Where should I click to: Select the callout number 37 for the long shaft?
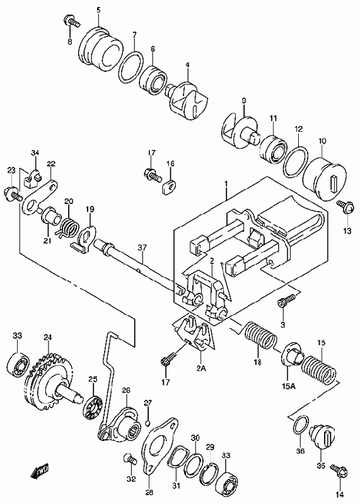point(142,248)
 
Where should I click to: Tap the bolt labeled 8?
point(71,21)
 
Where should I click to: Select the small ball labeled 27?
point(148,423)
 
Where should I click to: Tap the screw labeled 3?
point(286,301)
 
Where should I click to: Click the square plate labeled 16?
point(168,187)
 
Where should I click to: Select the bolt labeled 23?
point(13,195)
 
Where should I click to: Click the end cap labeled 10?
point(324,178)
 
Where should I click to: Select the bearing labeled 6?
point(153,80)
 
